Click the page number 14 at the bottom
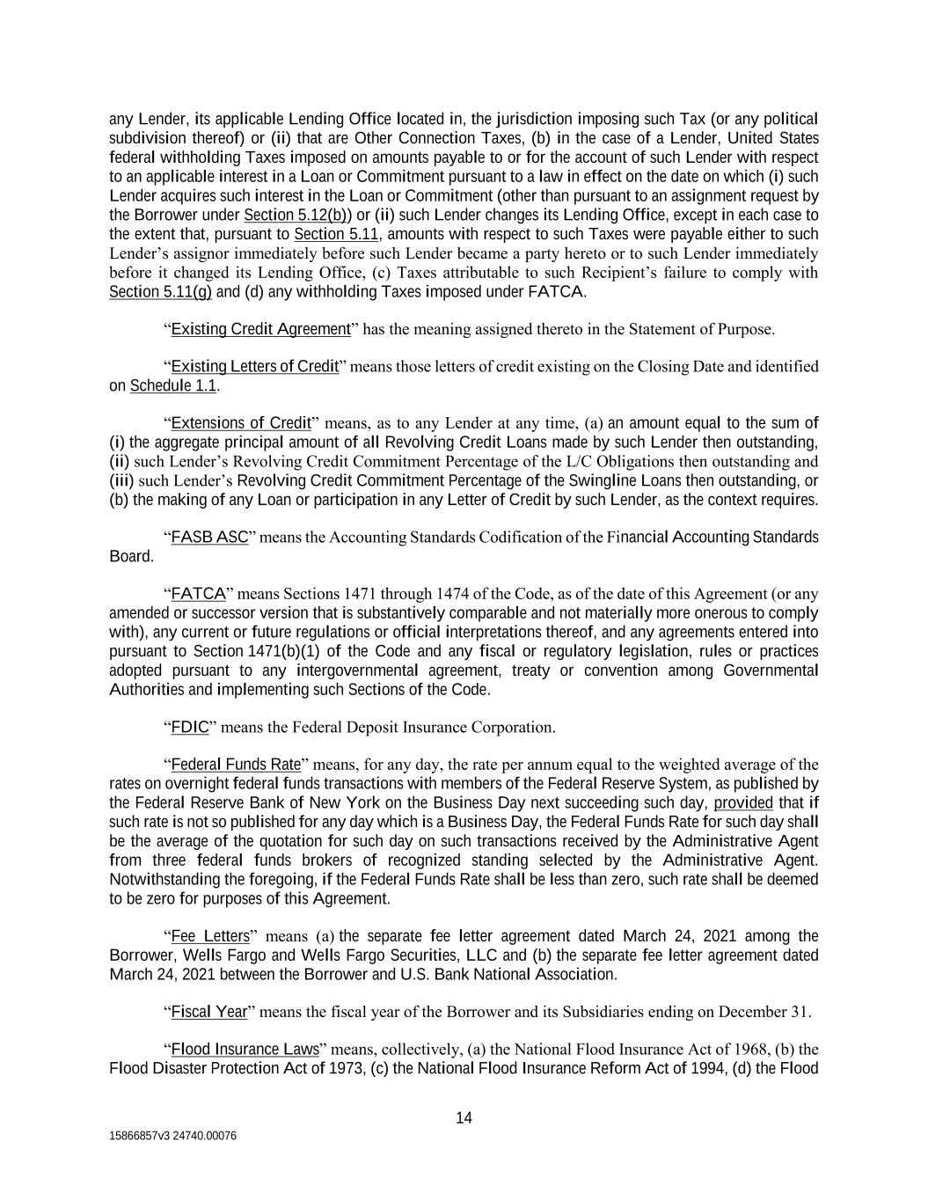coord(464,1118)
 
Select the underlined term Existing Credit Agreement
coord(260,329)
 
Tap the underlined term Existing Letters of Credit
coord(254,366)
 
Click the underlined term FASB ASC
coord(209,537)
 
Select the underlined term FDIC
coord(189,727)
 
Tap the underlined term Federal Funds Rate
coord(236,764)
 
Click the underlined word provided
coord(743,802)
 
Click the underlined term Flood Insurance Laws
coord(245,1049)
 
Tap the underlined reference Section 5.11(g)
coord(160,291)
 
